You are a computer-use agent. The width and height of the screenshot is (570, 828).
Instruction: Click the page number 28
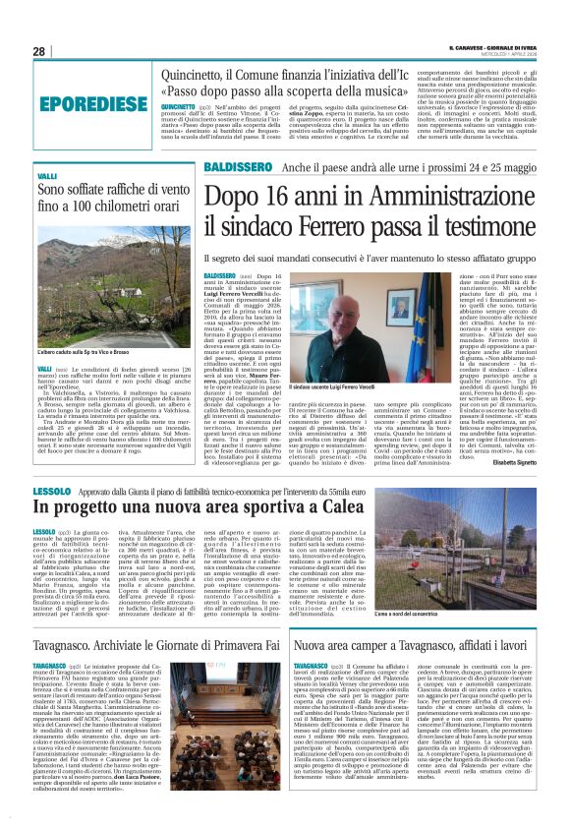coord(38,51)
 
